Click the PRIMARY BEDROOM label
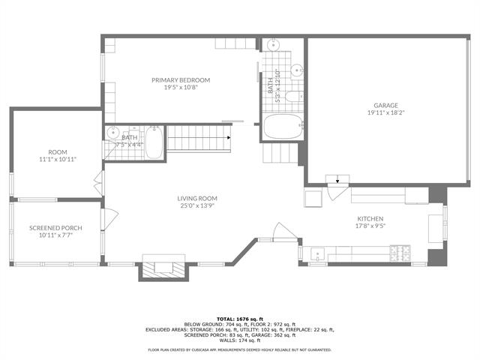tap(181, 80)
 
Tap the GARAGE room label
tap(387, 105)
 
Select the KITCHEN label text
tap(370, 219)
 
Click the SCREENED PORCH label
tap(55, 228)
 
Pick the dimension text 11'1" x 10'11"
tap(58, 159)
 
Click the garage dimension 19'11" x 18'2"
tap(387, 113)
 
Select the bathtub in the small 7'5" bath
tap(154, 142)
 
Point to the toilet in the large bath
tap(295, 95)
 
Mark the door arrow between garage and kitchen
tap(337, 179)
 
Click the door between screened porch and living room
tap(110, 219)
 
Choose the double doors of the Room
tap(98, 181)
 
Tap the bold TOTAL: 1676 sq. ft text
tap(240, 319)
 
